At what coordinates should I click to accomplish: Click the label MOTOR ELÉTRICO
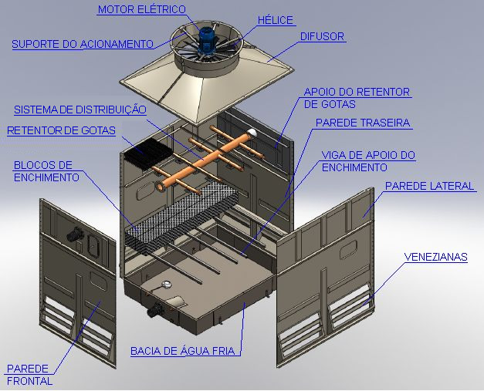coord(142,9)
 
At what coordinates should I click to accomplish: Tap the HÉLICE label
coord(276,20)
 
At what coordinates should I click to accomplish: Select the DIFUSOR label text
coord(322,37)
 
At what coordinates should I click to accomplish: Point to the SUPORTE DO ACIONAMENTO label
coord(83,45)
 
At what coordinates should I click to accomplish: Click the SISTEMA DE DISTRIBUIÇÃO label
coord(80,110)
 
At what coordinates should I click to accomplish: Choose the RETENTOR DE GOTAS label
coord(61,131)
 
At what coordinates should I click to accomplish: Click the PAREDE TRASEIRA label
coord(363,123)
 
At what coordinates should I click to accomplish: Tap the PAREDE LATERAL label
coord(429,186)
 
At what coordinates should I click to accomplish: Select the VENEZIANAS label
coord(436,257)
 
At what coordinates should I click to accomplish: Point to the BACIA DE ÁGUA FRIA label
coord(183,351)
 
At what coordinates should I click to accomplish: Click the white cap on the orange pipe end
coord(252,133)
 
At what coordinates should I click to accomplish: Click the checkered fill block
coord(181,217)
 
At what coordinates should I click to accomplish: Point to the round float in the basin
coord(167,285)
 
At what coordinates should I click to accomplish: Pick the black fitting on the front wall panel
coord(75,234)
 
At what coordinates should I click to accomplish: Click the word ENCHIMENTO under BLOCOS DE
coord(46,177)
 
